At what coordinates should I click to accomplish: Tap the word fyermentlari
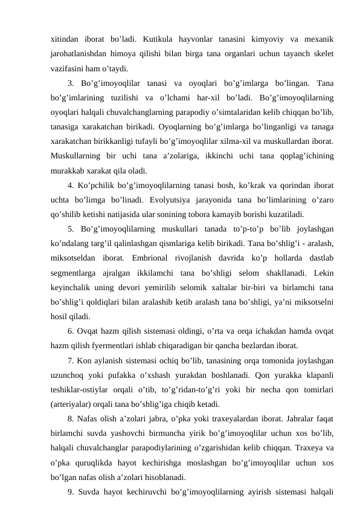113,346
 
